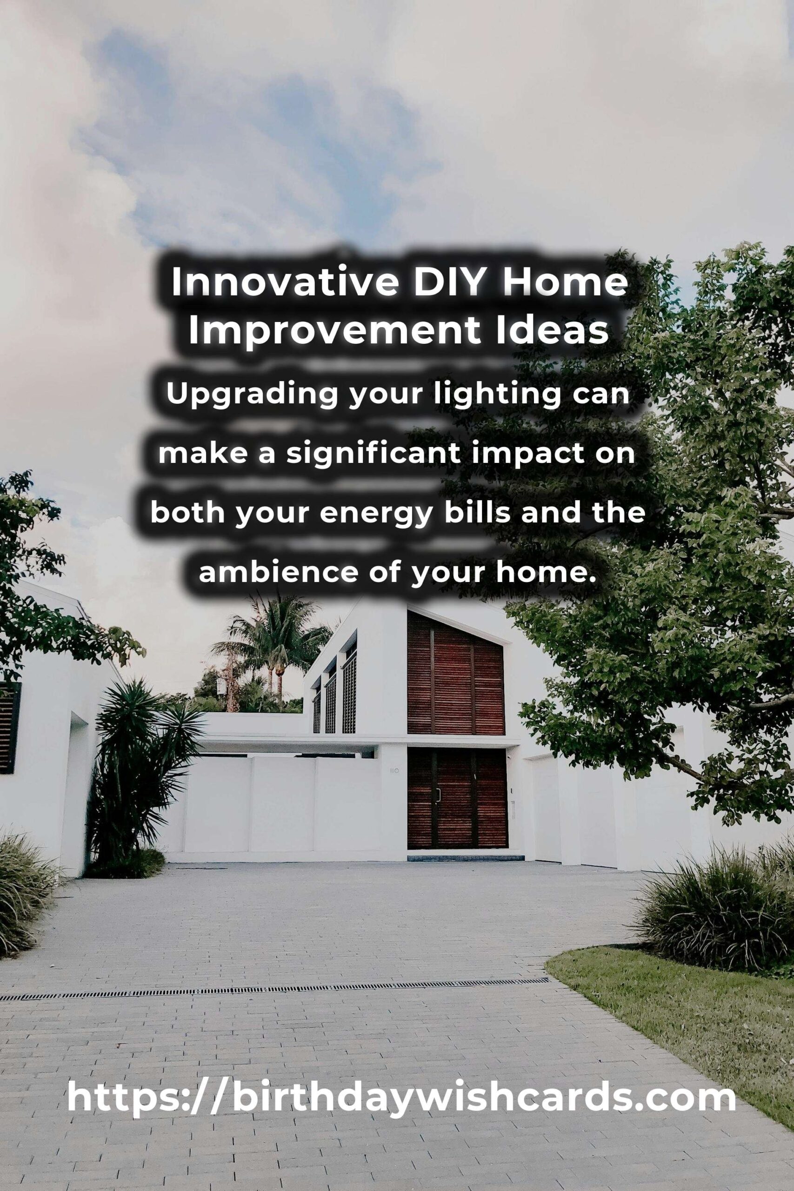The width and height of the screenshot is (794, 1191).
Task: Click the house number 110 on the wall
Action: pos(394,771)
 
